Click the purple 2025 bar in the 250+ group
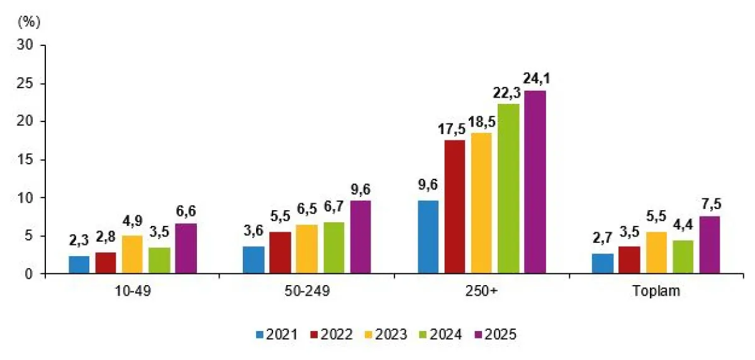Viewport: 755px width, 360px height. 535,183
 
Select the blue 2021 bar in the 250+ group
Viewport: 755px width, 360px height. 428,237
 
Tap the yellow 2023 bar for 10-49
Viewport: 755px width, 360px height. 132,255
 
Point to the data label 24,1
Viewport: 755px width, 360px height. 535,79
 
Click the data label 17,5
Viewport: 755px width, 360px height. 455,128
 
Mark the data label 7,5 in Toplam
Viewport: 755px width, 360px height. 710,205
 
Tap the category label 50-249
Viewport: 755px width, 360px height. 306,293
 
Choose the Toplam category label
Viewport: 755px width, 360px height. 657,293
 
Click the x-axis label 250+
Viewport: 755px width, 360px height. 483,293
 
